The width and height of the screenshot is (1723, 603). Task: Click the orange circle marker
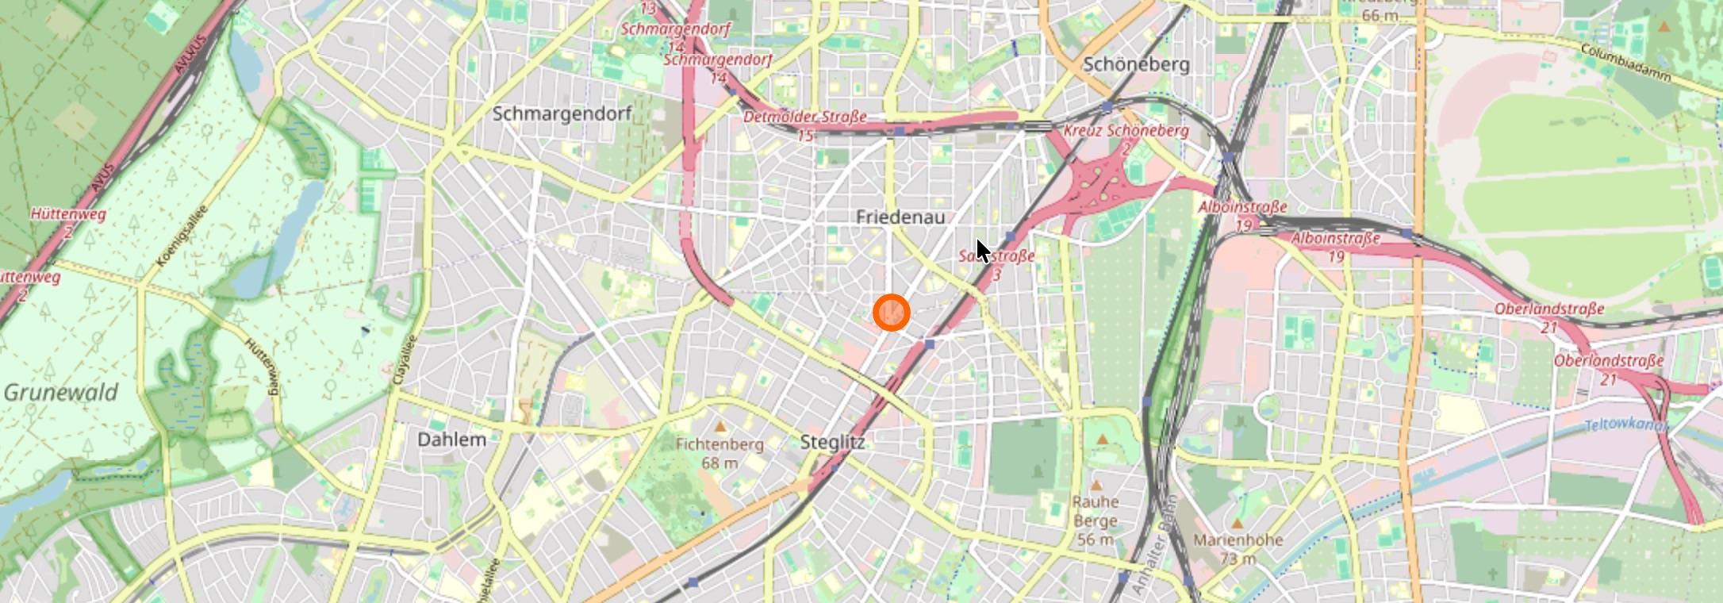tap(891, 313)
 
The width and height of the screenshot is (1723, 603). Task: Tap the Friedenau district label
tap(900, 217)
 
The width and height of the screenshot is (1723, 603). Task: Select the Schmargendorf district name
tap(562, 113)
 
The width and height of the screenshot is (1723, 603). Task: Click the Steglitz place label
tap(832, 442)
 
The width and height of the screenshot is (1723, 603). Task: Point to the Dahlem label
tap(451, 440)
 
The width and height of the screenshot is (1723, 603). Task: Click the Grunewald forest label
tap(61, 392)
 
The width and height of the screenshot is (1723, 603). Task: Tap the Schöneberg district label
tap(1136, 64)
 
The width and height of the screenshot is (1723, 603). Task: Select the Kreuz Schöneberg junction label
tap(1126, 131)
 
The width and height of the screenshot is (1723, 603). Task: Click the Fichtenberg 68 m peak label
tap(720, 452)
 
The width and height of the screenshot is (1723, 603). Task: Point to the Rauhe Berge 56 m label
tap(1096, 520)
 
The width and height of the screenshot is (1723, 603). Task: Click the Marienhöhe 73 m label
tap(1238, 548)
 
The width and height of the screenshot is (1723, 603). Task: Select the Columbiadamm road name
tap(1625, 63)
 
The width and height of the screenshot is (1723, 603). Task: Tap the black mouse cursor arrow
tap(982, 250)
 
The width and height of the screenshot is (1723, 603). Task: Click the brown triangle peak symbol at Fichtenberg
tap(720, 427)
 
